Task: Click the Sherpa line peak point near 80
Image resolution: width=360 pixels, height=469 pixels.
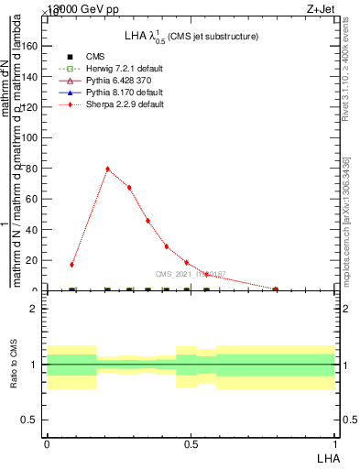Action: click(x=107, y=169)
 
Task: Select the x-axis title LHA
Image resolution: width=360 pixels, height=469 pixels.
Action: click(x=326, y=457)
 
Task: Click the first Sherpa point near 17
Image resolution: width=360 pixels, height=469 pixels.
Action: click(x=72, y=265)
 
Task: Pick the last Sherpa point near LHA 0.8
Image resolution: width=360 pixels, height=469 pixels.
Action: click(x=276, y=289)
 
